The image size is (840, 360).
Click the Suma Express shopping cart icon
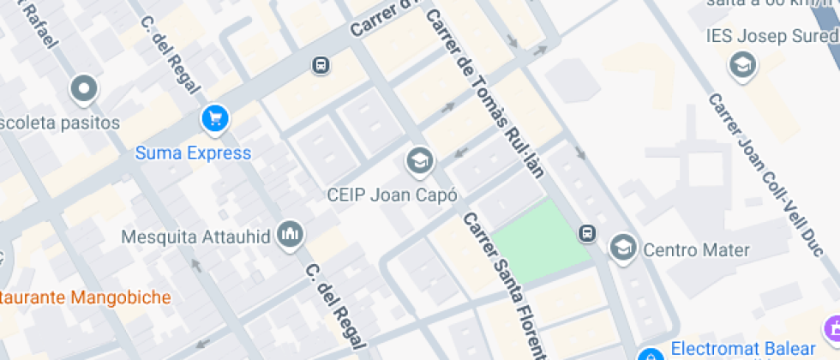215,119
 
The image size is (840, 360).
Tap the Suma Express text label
194,153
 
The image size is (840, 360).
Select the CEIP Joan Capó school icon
419,161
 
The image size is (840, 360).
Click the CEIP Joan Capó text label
392,195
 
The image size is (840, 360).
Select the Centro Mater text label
696,250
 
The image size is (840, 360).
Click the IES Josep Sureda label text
771,36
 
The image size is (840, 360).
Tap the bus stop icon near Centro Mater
587,233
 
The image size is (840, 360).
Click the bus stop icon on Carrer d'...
321,64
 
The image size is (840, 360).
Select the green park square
540,240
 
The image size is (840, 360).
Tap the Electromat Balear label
742,348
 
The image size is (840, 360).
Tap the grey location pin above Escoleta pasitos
83,88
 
